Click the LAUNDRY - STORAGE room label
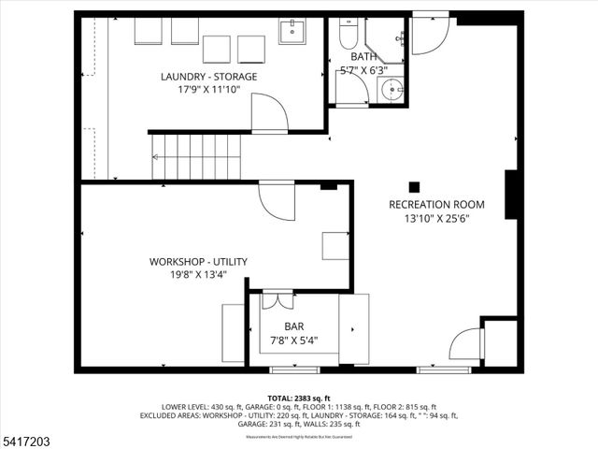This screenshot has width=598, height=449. tap(208, 77)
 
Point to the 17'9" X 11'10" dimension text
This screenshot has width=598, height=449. tap(208, 91)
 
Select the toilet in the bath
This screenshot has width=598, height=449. tap(347, 36)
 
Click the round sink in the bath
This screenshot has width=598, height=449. tap(392, 91)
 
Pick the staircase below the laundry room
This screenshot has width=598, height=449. tap(196, 156)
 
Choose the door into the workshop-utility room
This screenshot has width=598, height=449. tap(276, 198)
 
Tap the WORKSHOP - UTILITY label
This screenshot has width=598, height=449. tap(198, 262)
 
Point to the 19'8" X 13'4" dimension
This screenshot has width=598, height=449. tap(198, 275)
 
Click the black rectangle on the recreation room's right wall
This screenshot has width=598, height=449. tap(510, 195)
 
